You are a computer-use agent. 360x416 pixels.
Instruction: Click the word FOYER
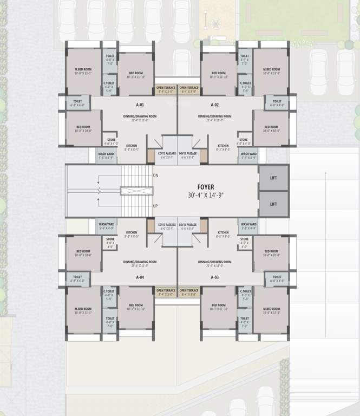pos(206,187)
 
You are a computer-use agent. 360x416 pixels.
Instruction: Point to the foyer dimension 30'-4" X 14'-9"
pos(206,195)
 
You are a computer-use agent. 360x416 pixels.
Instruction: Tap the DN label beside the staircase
pos(156,175)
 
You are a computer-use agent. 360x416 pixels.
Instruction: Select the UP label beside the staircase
pos(156,206)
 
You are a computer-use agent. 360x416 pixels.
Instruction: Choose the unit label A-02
pos(214,104)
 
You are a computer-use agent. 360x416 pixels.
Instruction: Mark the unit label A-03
pos(214,277)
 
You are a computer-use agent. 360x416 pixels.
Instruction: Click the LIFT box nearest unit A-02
pos(273,178)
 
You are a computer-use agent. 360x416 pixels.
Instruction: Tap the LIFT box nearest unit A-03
pos(273,204)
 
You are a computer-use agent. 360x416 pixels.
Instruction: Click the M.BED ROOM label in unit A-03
pos(271,309)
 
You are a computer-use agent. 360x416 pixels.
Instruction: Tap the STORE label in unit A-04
pos(110,239)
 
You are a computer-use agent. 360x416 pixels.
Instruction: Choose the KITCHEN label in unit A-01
pos(132,146)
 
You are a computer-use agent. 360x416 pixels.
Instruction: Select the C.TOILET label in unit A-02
pos(245,83)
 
